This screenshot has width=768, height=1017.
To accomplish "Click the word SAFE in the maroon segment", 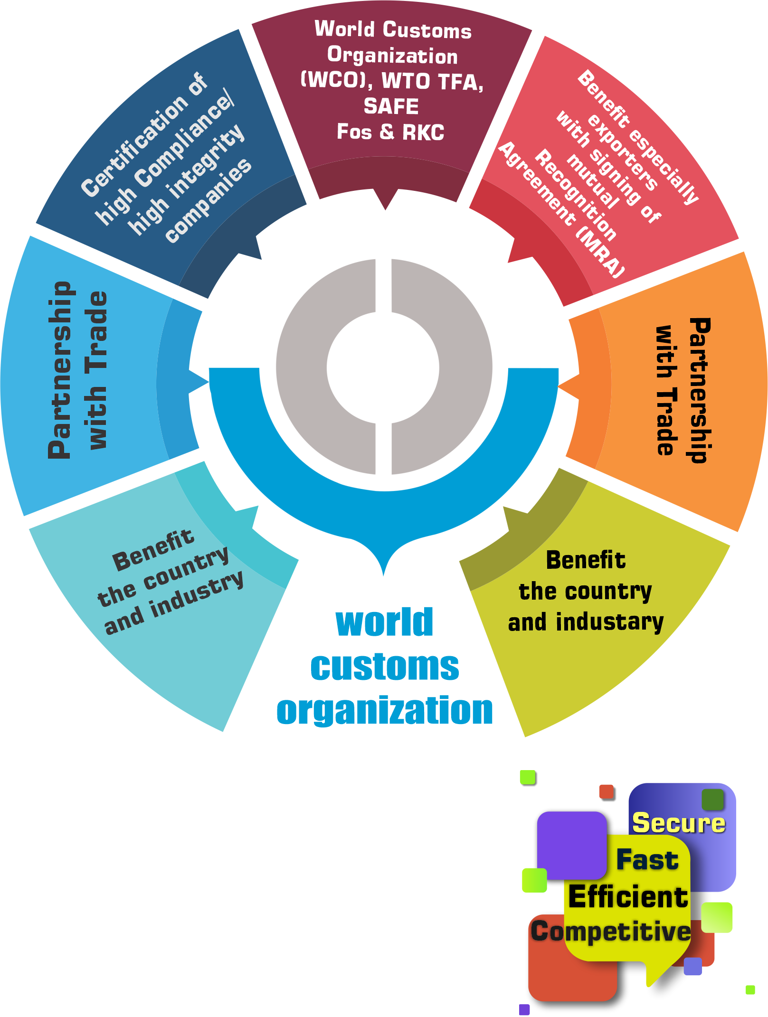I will coord(391,106).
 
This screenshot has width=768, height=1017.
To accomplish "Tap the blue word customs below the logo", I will coord(385,667).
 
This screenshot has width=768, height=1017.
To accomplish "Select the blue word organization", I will coord(385,710).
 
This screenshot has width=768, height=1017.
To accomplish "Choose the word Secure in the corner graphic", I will coord(679,823).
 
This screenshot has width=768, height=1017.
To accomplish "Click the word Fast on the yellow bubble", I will coord(647,860).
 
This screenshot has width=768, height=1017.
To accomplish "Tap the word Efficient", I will coord(628,897).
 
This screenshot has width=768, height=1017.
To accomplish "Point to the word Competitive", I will coord(611,932).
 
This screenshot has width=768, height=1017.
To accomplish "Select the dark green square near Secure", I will coord(712,800).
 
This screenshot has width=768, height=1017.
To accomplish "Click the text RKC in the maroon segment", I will coord(423,132).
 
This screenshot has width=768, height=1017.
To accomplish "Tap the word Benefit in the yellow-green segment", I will coord(586,560).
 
